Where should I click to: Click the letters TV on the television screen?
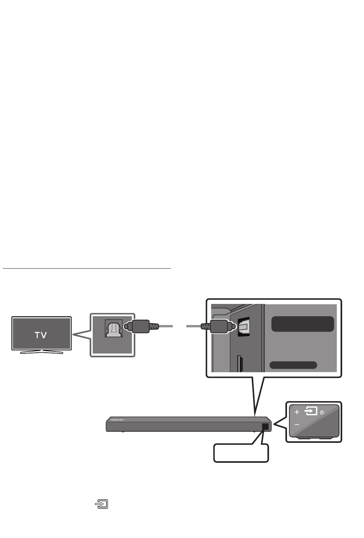click(41, 335)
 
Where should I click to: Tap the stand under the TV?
click(41, 352)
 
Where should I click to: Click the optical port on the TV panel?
click(114, 328)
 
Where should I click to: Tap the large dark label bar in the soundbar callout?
click(302, 324)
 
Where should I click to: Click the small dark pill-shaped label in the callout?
click(293, 365)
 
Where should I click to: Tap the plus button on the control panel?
click(297, 412)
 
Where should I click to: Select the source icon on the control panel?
click(311, 411)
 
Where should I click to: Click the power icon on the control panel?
click(322, 412)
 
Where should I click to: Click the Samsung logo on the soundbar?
click(117, 420)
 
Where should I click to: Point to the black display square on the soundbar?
click(265, 426)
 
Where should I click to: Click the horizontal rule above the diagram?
click(87, 269)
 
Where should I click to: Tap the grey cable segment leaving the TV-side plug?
click(165, 327)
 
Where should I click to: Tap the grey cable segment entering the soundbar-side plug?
click(194, 327)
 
